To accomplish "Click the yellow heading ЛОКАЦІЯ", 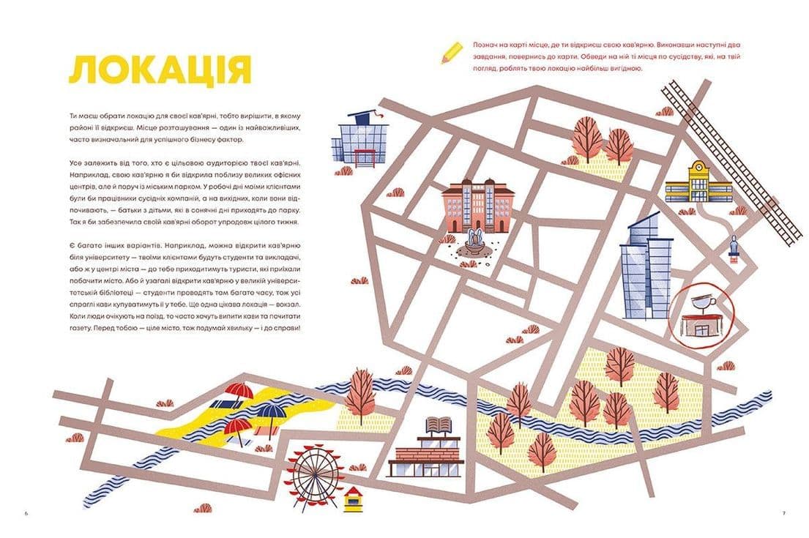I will point(160,70).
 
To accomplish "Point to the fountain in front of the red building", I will point(472,242).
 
